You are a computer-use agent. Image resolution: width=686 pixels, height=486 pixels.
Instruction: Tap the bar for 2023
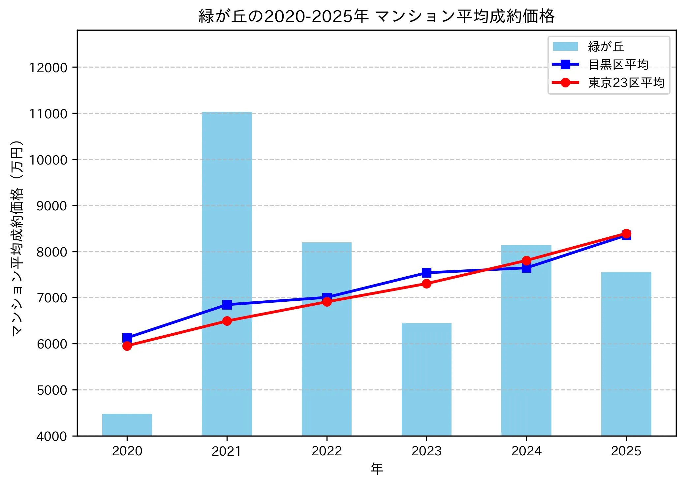426,379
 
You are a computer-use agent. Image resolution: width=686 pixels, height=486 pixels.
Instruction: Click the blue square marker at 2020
127,338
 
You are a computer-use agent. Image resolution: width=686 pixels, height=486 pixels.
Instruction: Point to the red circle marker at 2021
227,321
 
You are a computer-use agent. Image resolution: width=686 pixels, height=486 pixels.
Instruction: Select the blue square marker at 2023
426,273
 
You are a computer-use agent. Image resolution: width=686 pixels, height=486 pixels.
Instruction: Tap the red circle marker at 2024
526,261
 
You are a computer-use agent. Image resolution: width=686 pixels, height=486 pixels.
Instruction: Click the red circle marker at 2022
327,302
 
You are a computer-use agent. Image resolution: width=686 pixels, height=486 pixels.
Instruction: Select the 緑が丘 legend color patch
565,47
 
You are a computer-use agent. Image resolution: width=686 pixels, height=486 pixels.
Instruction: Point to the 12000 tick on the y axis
48,68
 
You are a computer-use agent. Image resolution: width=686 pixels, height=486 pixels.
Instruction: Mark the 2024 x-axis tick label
526,451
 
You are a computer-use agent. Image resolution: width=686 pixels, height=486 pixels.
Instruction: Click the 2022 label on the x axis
327,451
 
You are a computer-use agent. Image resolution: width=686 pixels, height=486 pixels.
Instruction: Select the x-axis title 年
377,469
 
